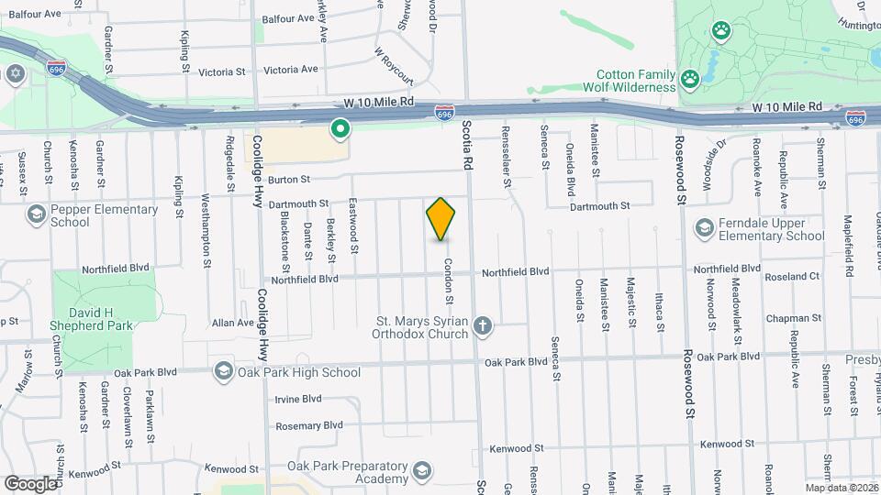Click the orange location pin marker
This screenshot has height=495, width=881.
[x=440, y=219]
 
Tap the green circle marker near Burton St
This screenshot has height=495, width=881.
[x=340, y=130]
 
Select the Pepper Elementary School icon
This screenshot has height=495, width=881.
[x=36, y=215]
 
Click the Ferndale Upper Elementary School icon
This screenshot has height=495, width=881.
[x=705, y=228]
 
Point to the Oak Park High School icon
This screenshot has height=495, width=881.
[x=223, y=372]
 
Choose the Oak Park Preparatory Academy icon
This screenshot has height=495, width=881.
[x=421, y=472]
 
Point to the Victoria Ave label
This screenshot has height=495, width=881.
[x=290, y=70]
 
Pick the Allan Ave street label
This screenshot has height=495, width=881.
[x=232, y=323]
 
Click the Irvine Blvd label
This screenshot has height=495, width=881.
[x=298, y=399]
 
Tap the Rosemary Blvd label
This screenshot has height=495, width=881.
[x=308, y=425]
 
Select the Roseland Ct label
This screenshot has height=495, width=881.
[x=794, y=276]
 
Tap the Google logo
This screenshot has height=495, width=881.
[x=31, y=482]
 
